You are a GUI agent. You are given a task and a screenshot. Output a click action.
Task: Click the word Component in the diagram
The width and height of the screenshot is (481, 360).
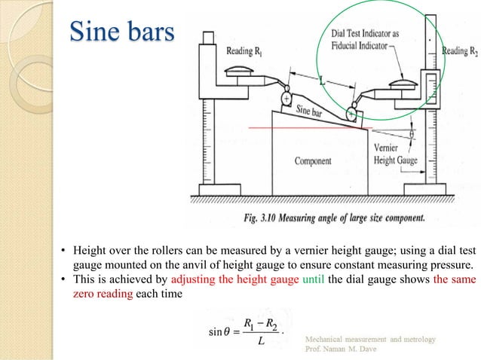[313, 160]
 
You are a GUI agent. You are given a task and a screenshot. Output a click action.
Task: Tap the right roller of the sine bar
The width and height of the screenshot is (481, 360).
[351, 113]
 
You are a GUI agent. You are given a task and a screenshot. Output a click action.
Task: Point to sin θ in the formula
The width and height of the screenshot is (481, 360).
[220, 332]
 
